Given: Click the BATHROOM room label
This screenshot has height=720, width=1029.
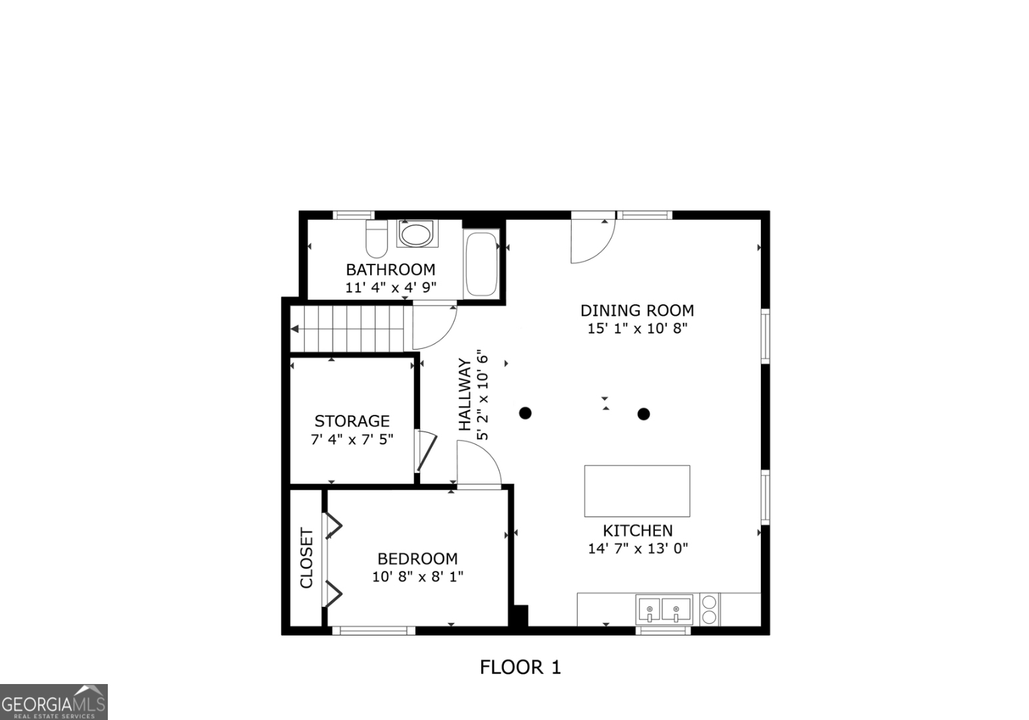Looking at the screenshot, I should [390, 270].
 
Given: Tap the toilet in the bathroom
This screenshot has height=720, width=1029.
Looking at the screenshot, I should [377, 239].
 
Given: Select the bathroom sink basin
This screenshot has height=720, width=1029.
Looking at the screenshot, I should [417, 234].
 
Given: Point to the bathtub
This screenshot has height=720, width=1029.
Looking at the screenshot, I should [481, 263].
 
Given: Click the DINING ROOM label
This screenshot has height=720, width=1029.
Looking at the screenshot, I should [637, 310].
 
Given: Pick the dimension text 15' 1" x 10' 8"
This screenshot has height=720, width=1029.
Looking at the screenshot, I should [637, 328].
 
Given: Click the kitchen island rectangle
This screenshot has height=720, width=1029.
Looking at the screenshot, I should [637, 491].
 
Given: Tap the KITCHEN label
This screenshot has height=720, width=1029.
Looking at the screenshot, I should [638, 531].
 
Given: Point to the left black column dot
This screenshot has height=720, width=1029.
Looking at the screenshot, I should [525, 413].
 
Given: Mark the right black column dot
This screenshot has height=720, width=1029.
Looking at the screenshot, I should [644, 414].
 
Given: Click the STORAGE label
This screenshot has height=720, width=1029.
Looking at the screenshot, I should [352, 421].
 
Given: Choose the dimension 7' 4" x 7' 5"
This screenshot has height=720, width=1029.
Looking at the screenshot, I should [352, 440].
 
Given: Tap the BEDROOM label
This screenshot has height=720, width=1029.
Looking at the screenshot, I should [417, 559].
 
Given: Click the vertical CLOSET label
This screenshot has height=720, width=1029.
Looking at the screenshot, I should [306, 558].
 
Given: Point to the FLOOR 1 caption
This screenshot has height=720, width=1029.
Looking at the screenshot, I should [520, 667].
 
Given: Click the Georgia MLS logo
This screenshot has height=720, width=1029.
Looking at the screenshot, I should [53, 703].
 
